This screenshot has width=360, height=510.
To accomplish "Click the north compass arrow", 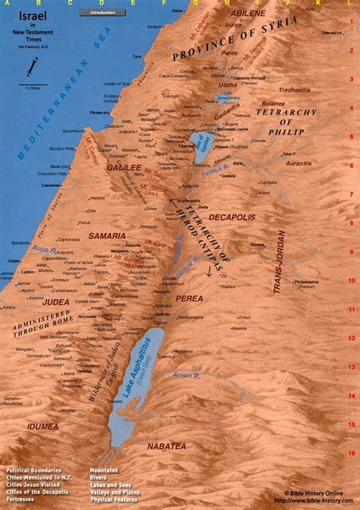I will [x=29, y=70].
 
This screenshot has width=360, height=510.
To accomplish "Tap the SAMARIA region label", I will [x=109, y=236].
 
